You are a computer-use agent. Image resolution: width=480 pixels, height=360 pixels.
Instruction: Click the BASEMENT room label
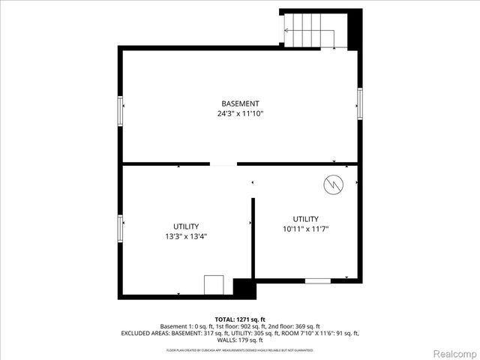click(240, 103)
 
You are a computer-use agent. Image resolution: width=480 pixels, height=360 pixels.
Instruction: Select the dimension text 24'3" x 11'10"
click(240, 114)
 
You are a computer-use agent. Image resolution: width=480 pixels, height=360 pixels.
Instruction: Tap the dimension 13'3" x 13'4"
click(186, 236)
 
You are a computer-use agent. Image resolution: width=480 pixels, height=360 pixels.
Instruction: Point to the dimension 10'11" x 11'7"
click(306, 229)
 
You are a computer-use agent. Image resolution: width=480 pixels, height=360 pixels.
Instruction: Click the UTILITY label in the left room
click(186, 226)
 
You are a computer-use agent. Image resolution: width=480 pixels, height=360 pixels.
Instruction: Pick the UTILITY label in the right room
click(306, 219)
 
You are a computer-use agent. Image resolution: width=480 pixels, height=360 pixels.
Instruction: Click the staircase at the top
click(313, 31)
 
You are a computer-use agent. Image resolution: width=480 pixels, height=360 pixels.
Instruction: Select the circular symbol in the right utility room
click(333, 183)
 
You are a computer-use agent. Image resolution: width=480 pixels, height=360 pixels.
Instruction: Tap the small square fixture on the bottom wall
click(214, 285)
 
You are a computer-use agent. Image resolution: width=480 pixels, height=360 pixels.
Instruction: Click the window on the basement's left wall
click(120, 111)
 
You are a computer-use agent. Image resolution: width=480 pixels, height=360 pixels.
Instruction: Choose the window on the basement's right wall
click(360, 103)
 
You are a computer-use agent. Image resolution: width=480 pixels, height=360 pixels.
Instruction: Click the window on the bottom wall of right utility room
click(317, 280)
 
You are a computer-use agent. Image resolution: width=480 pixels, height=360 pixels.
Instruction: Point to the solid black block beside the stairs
click(355, 28)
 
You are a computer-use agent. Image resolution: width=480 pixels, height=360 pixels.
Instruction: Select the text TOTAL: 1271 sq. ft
click(240, 318)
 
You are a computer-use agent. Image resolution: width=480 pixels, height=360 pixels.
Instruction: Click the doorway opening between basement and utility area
click(223, 163)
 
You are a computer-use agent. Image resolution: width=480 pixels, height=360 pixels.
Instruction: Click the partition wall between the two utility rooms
click(253, 238)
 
